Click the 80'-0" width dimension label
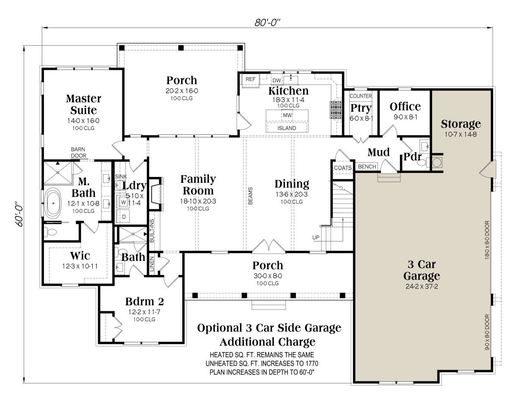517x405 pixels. tap(267, 22)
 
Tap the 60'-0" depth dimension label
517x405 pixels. tap(19, 214)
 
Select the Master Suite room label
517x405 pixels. tap(84, 104)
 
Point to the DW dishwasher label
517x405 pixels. tap(277, 80)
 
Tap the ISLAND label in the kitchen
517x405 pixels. tap(287, 128)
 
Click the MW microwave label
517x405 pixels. tap(287, 115)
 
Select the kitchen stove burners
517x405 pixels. tap(336, 110)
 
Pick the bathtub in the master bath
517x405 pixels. tap(53, 203)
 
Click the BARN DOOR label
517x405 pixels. tap(78, 152)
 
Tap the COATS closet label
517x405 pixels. tap(343, 168)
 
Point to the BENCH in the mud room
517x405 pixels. tap(367, 167)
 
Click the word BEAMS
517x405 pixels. tap(250, 196)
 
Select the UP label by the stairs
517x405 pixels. tap(316, 238)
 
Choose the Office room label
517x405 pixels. tap(405, 106)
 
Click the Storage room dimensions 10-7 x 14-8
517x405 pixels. tap(461, 134)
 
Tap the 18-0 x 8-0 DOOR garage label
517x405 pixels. tap(487, 240)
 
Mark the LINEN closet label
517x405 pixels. tap(152, 264)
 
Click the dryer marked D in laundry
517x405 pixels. tap(124, 216)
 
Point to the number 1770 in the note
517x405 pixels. tap(311, 363)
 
